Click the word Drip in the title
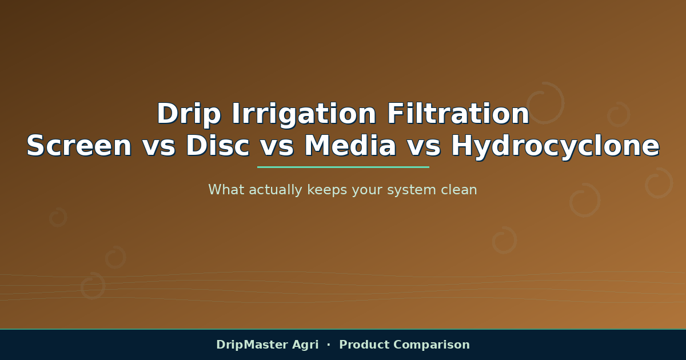coord(189,114)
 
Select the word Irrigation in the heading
coord(304,114)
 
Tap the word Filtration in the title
coord(458,113)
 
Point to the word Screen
coord(79,146)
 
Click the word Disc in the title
coord(217,146)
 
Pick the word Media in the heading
coord(350,146)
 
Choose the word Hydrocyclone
coord(555,147)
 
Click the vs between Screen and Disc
coord(159,149)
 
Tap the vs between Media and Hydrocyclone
coord(424,149)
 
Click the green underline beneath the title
coord(343,167)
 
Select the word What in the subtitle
coord(226,190)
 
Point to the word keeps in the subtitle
coord(327,190)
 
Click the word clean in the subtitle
coord(458,190)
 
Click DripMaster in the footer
coord(252,345)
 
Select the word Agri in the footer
coord(305,345)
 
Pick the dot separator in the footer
coord(329,345)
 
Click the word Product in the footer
coord(364,345)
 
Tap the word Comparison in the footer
coord(432,345)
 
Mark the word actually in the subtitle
coord(276,190)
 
